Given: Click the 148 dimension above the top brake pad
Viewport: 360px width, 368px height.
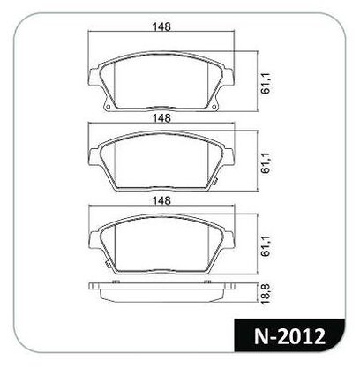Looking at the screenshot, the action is pos(161,26).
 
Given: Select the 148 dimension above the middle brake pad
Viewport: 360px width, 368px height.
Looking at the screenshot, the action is pos(161,118).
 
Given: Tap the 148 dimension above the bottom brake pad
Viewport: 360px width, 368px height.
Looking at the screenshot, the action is pos(161,200).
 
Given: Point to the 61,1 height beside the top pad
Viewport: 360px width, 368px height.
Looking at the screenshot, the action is pos(266,86).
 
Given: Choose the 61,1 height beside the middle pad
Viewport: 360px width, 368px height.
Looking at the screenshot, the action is pos(266,164).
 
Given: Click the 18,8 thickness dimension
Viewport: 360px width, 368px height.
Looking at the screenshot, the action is pos(266,295).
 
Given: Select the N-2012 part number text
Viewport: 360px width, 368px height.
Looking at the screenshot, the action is pos(289,336).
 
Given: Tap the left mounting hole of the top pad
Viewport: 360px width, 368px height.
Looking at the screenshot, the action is pos(108,107).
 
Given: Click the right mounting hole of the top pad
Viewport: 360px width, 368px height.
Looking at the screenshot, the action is pos(214,107).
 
